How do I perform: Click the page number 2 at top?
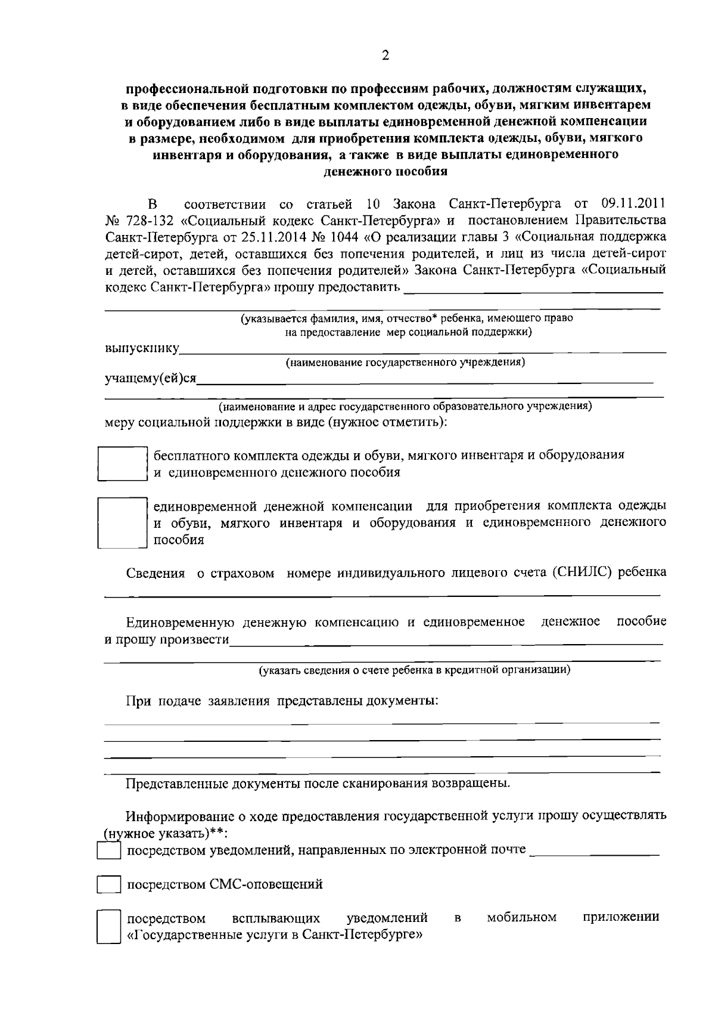385,55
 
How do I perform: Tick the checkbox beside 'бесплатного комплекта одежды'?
122,463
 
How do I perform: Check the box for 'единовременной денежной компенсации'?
122,522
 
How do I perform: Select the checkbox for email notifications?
109,850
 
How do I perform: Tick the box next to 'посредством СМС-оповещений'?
109,884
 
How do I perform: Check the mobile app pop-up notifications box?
109,926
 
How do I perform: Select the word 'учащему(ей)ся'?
151,379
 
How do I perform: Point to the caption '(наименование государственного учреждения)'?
405,362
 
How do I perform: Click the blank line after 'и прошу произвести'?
446,643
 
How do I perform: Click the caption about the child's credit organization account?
414,670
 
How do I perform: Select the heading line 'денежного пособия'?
384,172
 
